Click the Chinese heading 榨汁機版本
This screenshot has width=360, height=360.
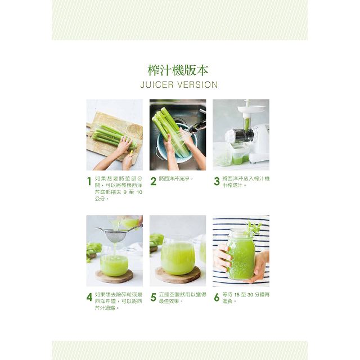click(178, 70)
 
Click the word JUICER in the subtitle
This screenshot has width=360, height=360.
click(157, 85)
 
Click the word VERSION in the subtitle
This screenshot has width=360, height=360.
click(198, 85)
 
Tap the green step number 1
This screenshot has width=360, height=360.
click(89, 181)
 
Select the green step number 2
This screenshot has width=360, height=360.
click(154, 181)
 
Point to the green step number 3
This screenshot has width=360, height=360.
click(217, 181)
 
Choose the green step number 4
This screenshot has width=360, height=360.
click(89, 298)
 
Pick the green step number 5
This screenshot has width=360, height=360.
click(154, 298)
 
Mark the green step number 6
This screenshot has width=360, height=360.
click(217, 298)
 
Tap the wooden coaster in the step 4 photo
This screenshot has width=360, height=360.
click(114, 276)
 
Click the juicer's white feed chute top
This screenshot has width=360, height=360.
click(246, 110)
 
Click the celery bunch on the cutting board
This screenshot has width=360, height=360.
click(114, 137)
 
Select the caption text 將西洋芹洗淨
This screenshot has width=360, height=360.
click(174, 178)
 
